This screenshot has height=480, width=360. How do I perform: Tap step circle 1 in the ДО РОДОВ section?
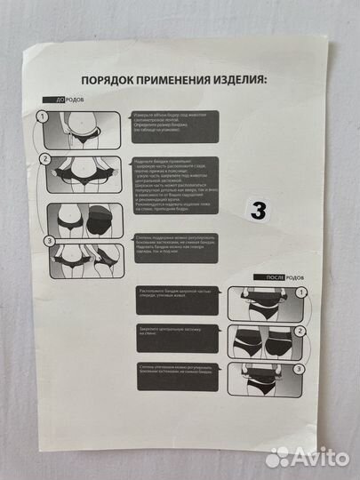[x=44, y=116]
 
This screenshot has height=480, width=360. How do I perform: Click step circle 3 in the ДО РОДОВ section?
[x=50, y=240]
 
